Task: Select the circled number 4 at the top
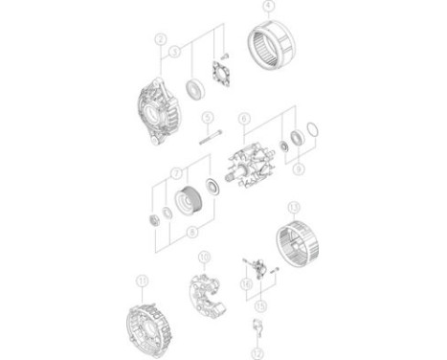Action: pyautogui.click(x=267, y=7)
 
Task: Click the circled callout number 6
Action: pyautogui.click(x=243, y=120)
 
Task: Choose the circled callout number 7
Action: pyautogui.click(x=175, y=173)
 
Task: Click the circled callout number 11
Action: pyautogui.click(x=143, y=280)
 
